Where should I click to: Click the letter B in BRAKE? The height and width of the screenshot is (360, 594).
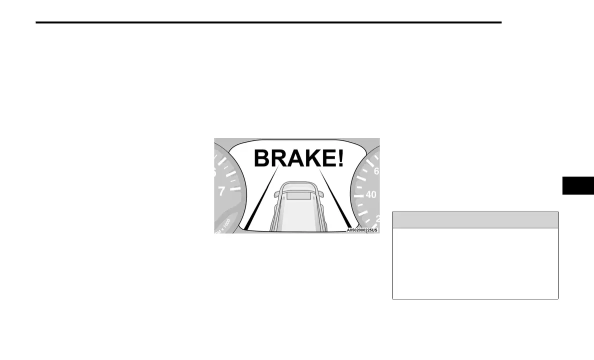(x=263, y=158)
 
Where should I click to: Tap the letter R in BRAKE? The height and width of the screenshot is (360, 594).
(x=279, y=158)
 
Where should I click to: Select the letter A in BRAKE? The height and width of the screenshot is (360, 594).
(x=296, y=158)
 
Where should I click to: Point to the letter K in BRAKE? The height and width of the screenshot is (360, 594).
(x=313, y=158)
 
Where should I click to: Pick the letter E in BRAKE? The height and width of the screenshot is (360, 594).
(x=329, y=158)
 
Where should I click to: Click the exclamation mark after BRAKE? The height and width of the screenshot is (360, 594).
(x=341, y=158)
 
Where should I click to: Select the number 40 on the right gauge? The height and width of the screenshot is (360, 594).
(x=370, y=194)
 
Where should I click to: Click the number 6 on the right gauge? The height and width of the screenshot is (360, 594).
(x=376, y=171)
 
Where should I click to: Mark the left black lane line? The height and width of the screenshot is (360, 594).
(x=255, y=210)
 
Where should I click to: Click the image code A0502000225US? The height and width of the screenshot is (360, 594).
(x=362, y=230)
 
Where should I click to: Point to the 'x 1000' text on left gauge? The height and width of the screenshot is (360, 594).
(x=222, y=225)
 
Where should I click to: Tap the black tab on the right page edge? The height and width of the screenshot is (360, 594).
(x=578, y=185)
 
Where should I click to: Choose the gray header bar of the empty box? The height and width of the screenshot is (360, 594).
(x=475, y=220)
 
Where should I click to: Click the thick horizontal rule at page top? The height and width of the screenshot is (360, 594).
(x=268, y=22)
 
